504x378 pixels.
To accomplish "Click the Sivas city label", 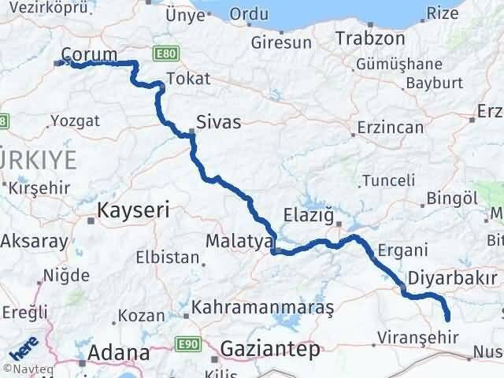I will click(218, 122).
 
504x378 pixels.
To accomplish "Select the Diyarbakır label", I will click(455, 278).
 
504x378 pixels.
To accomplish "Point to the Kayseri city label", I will click(133, 209).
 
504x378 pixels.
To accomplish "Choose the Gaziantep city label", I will click(271, 347).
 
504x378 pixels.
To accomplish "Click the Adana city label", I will click(118, 352).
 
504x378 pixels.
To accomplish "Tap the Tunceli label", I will click(387, 181).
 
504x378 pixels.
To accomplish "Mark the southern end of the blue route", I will click(448, 319).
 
